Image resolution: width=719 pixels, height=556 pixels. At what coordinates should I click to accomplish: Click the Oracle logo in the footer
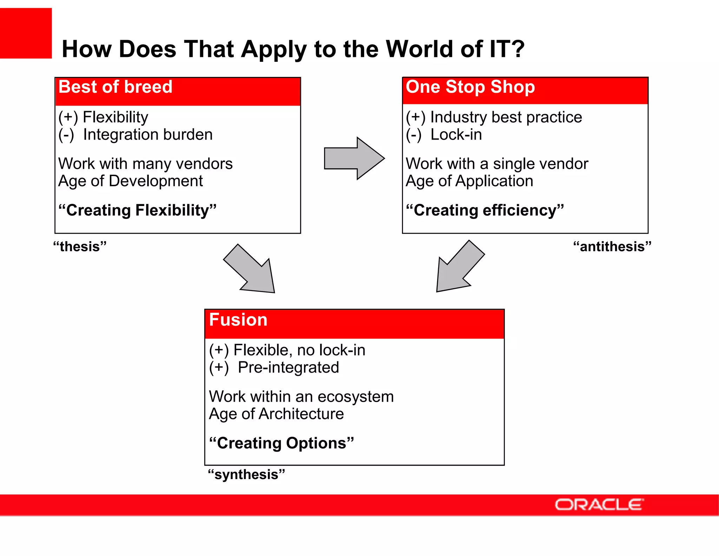(x=599, y=505)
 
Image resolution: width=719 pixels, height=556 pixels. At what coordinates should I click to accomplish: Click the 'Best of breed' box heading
(x=116, y=87)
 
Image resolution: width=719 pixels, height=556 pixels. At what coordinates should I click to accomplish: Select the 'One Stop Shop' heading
(x=470, y=87)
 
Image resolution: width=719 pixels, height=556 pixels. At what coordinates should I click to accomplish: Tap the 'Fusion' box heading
(x=238, y=320)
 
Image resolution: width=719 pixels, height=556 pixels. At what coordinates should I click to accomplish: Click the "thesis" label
(x=80, y=247)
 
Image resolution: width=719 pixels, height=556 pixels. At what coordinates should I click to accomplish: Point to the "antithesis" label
(x=612, y=247)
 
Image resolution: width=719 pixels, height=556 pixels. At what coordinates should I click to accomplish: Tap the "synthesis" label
(x=246, y=474)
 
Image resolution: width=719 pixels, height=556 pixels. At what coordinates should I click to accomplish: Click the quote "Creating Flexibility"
(x=137, y=210)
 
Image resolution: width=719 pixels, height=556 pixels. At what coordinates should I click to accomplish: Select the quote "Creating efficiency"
(x=485, y=210)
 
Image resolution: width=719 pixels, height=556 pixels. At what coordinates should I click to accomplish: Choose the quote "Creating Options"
(x=281, y=443)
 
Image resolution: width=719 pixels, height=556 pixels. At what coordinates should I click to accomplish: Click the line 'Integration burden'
(x=148, y=135)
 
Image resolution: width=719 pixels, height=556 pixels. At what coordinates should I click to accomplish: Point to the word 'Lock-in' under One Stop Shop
(x=456, y=135)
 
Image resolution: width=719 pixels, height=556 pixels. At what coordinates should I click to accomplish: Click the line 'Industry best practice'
(x=506, y=117)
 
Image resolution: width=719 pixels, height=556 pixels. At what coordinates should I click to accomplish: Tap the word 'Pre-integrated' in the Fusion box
(x=288, y=368)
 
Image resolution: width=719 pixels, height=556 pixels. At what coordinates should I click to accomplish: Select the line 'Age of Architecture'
(x=276, y=414)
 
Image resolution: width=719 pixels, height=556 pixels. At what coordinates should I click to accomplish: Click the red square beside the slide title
(x=26, y=33)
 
